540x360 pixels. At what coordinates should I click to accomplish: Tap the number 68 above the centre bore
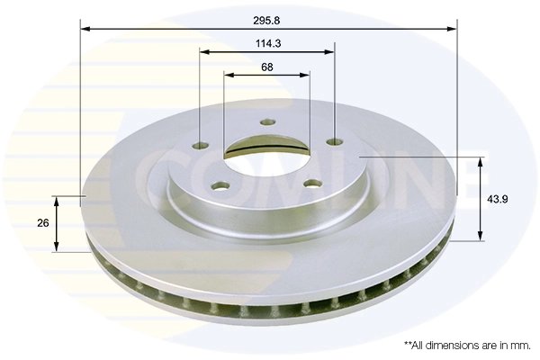point(267,67)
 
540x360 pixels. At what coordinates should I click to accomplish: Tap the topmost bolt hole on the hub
point(266,123)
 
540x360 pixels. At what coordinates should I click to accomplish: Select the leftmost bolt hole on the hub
point(200,144)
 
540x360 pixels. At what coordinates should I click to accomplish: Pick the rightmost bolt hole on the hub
point(335,141)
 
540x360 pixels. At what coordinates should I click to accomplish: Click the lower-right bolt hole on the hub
point(311,184)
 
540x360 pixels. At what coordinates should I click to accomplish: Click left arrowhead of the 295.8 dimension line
point(85,29)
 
